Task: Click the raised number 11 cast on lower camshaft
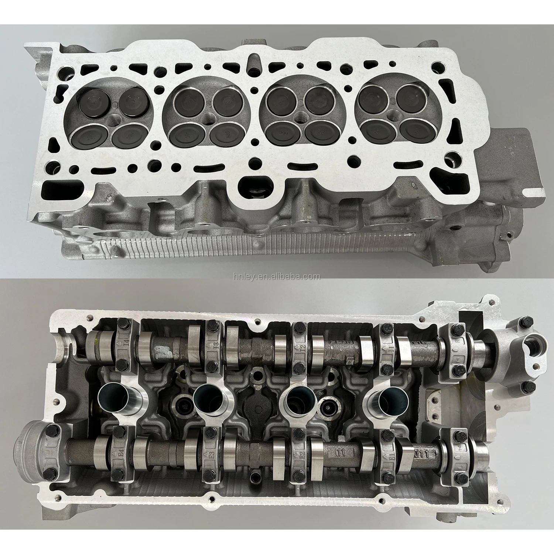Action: point(339,451)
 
